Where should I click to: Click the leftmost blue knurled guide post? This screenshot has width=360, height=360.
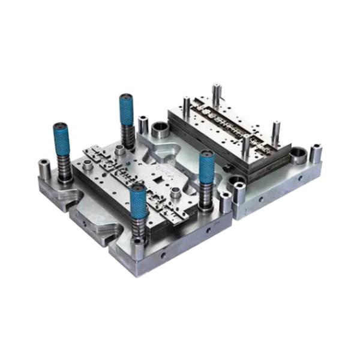(x=61, y=139)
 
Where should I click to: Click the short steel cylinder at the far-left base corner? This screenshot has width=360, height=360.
(x=44, y=170)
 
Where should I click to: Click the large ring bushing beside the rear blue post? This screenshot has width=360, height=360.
(x=160, y=130)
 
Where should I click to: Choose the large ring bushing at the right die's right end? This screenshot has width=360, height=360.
(x=298, y=157)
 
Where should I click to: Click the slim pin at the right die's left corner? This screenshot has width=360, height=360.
(x=187, y=108)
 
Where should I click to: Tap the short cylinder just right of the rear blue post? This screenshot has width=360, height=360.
(x=143, y=125)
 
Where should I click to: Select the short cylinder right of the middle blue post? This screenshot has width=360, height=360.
(x=226, y=203)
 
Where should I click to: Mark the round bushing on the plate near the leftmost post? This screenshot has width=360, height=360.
(x=88, y=164)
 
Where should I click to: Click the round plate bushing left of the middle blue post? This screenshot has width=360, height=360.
(x=175, y=193)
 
